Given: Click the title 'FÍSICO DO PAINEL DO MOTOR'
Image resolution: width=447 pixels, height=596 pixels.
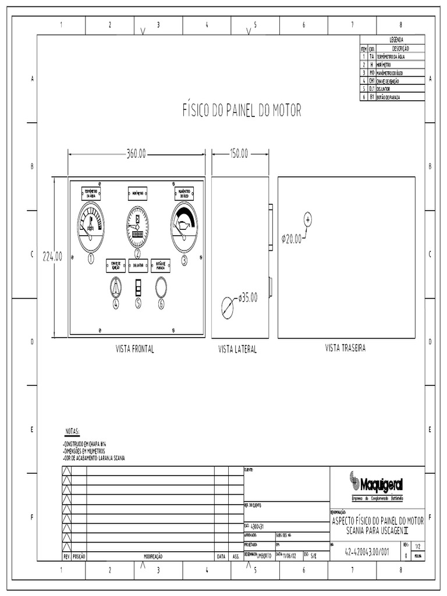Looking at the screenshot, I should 242,111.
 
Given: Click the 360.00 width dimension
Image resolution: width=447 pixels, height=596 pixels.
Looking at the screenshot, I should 136,154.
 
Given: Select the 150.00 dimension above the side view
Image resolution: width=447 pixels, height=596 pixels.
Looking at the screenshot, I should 239,154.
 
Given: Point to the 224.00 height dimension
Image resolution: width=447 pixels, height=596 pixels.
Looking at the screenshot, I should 52,257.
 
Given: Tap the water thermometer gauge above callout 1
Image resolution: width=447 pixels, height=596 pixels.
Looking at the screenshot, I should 91,227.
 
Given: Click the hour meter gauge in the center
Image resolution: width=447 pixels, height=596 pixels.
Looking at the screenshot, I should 137,226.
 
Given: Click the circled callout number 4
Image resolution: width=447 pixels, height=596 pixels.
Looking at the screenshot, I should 115,303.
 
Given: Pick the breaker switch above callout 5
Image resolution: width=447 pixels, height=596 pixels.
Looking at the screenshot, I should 138,287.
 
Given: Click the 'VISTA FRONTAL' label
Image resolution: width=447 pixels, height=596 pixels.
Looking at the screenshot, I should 135,349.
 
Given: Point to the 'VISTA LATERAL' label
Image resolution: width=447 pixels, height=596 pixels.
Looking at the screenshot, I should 237,350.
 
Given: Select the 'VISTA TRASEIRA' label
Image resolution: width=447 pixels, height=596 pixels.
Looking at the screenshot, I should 345,348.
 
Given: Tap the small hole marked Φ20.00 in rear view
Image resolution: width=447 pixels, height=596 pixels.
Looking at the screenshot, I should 308,219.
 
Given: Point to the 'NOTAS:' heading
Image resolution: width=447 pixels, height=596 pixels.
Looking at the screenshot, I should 72,432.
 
